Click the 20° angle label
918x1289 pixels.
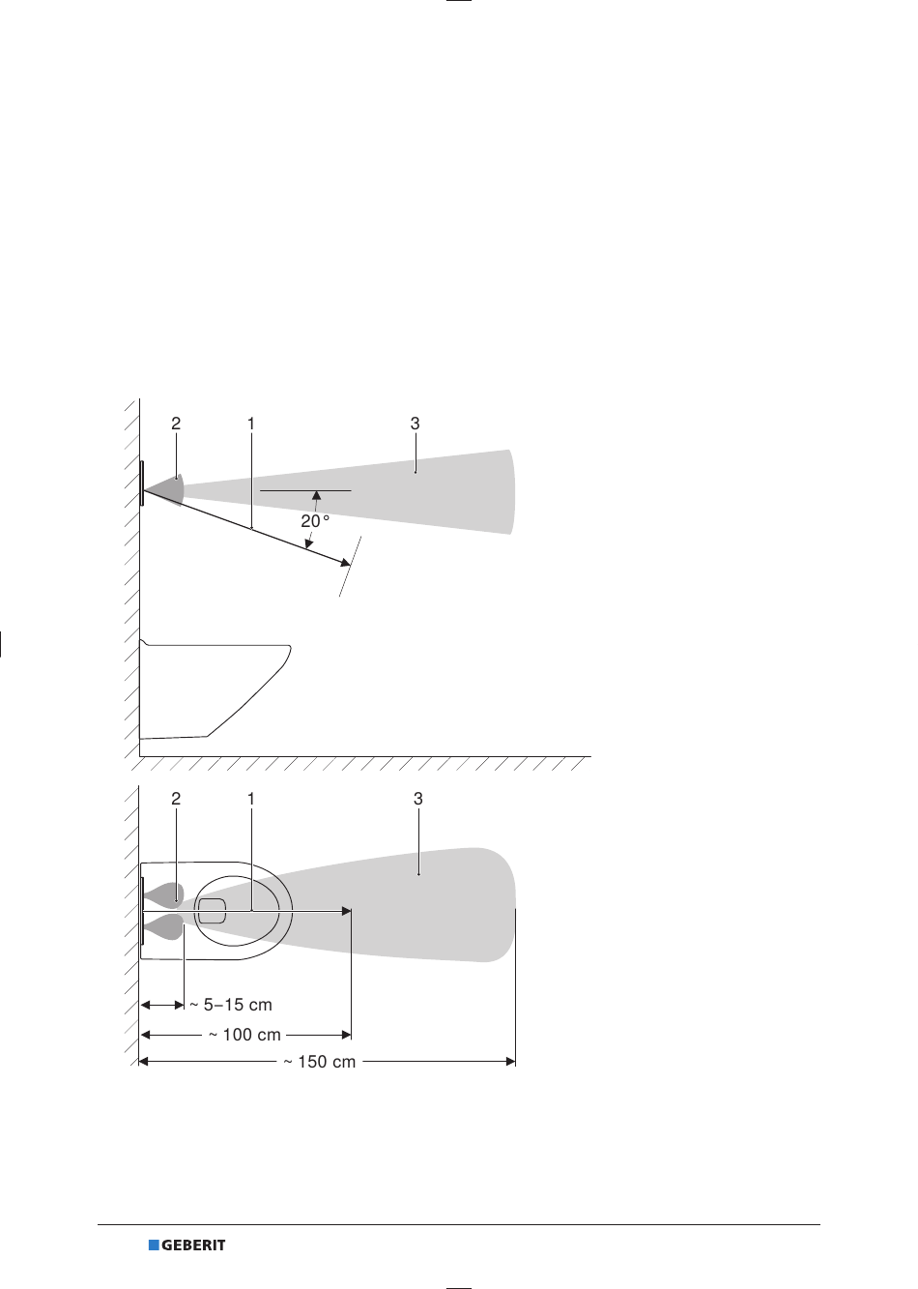(x=315, y=521)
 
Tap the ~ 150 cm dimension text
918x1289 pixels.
(x=320, y=1062)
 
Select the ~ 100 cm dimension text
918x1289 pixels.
(x=244, y=1035)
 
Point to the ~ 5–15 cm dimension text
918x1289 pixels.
(x=231, y=1005)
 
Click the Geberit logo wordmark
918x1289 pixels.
(x=193, y=1245)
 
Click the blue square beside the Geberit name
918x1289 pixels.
(x=154, y=1245)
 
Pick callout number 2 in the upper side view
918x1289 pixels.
(x=176, y=424)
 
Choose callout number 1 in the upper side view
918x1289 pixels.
(x=251, y=424)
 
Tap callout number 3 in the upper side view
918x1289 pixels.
(x=416, y=424)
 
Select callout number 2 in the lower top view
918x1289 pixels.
(x=176, y=799)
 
